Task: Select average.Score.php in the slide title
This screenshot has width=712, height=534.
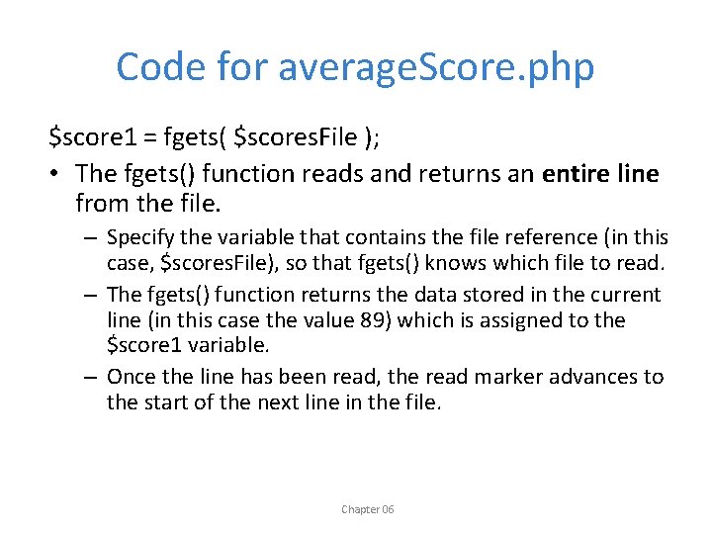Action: click(436, 68)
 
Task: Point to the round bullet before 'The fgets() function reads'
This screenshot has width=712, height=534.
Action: click(57, 174)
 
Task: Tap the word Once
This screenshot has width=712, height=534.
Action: click(131, 377)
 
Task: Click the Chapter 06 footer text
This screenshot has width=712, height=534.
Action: click(367, 509)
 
